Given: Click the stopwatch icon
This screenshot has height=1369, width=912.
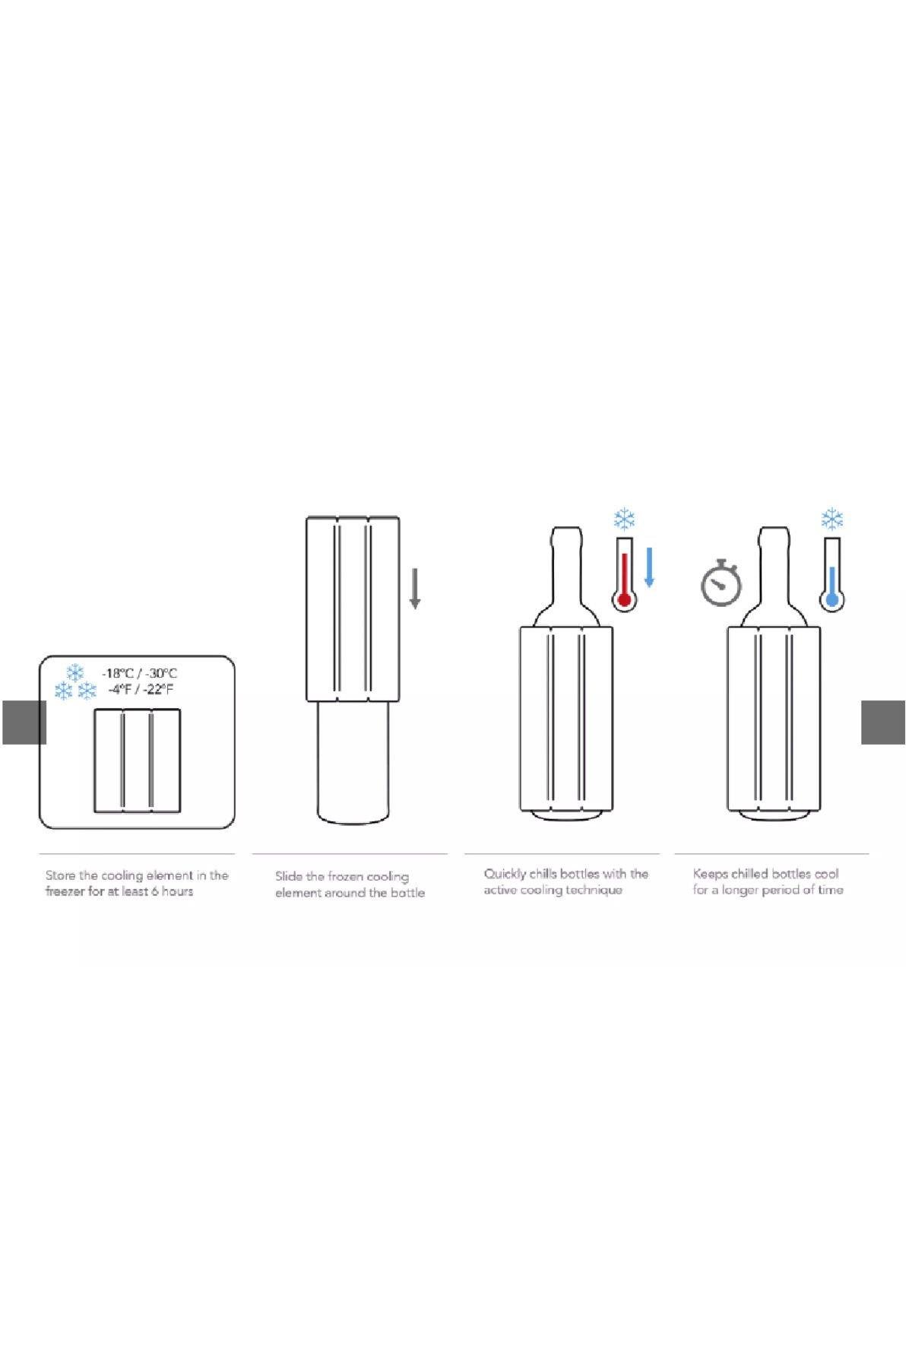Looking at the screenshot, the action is tap(720, 583).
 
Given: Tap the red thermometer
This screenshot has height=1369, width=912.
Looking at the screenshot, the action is tap(624, 573).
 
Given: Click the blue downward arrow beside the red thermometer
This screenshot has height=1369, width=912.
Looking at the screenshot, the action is tap(649, 567).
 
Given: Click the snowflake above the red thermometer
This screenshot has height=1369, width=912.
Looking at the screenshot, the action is tap(625, 520).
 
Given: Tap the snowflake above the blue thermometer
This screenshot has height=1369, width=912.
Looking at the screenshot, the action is tap(832, 520).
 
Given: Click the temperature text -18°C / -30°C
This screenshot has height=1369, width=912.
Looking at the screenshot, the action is tap(140, 673).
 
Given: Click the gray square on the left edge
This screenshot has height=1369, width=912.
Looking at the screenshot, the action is tap(24, 722).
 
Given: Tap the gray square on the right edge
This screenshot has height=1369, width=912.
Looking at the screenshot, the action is tap(883, 722).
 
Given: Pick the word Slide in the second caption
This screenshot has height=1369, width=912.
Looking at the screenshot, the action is tap(289, 876).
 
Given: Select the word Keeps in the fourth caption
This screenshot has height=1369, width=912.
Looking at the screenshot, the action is tap(710, 874).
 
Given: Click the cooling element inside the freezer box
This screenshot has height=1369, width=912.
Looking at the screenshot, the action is tap(138, 761).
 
